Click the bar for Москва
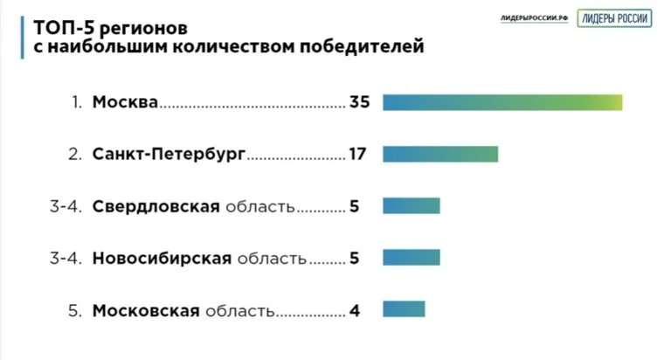[502, 102]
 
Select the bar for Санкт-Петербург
[440, 155]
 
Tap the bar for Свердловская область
[412, 206]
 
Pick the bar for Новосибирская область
[412, 258]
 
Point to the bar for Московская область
[404, 309]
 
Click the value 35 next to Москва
[360, 102]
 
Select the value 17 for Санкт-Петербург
[356, 155]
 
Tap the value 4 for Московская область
[354, 309]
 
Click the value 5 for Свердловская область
[354, 206]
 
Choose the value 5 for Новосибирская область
[354, 258]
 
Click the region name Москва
[125, 102]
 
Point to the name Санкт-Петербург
[169, 155]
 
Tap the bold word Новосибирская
[161, 258]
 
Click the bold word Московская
[146, 309]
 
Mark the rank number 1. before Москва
[77, 102]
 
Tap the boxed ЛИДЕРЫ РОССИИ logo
[613, 18]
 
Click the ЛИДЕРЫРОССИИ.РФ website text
[535, 18]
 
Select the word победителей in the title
[359, 45]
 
